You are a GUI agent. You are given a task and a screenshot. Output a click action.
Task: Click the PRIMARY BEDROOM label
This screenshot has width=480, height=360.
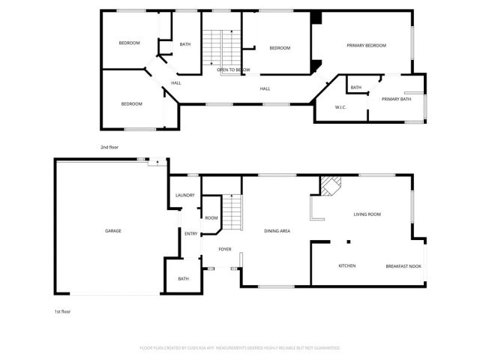click(366, 46)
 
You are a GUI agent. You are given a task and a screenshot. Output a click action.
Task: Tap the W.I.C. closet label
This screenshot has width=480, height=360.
click(340, 106)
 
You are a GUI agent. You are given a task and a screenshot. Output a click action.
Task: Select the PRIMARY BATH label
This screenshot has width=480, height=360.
click(396, 99)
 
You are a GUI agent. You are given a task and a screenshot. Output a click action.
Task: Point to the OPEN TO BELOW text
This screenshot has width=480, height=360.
click(233, 70)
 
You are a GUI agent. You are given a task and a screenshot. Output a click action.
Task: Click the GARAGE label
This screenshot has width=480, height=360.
click(113, 230)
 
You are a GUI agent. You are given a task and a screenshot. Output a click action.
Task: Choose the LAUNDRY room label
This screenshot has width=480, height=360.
click(184, 196)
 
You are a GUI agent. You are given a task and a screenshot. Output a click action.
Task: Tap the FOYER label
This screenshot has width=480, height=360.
click(225, 248)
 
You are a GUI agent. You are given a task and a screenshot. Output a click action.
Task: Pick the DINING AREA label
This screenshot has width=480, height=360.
click(277, 230)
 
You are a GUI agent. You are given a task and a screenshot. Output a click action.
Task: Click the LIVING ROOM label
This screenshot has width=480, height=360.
click(367, 214)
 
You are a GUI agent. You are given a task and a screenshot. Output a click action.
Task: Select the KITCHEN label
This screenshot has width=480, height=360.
click(346, 266)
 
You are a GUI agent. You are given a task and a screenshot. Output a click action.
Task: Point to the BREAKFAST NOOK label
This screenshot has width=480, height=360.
click(403, 266)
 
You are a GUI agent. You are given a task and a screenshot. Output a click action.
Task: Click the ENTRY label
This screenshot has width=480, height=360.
click(191, 233)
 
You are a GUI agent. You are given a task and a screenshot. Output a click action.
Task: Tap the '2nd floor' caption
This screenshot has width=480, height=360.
click(109, 147)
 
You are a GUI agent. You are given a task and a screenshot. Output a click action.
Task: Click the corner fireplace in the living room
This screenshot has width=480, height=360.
click(331, 184)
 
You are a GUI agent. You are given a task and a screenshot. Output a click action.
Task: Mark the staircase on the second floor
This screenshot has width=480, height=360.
click(221, 46)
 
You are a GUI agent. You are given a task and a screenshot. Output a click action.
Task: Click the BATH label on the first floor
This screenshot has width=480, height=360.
click(184, 279)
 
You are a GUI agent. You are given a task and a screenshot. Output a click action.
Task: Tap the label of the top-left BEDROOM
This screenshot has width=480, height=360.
click(130, 43)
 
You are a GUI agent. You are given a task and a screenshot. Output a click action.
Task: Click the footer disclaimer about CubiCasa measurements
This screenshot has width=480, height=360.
click(240, 348)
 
